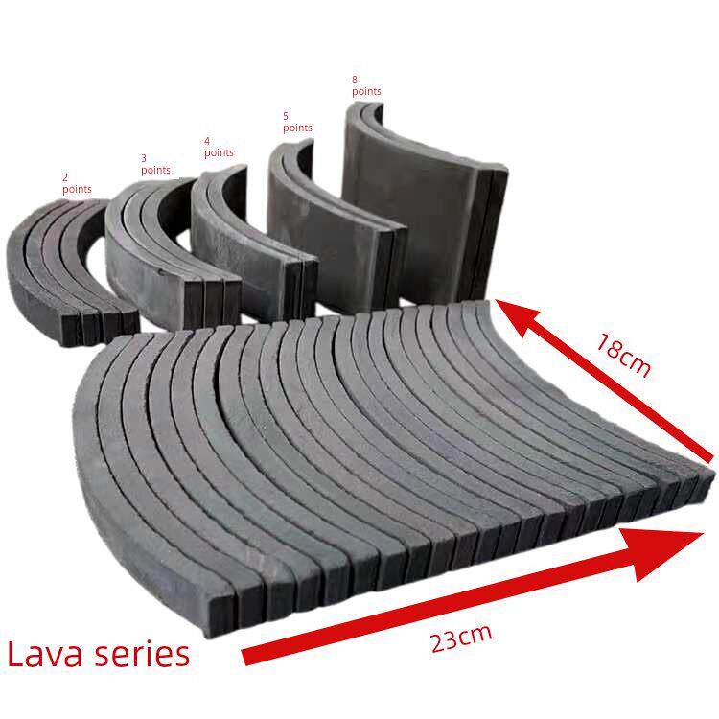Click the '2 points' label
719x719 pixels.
point(77,183)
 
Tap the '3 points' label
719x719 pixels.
point(155,165)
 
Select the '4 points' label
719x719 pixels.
point(219,148)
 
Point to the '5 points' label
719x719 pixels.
point(297,122)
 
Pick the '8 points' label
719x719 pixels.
point(366,85)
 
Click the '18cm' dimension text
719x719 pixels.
point(624,355)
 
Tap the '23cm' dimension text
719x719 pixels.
point(461,638)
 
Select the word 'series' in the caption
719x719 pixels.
point(142,655)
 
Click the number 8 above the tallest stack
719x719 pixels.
point(355,80)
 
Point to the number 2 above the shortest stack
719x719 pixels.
point(65,177)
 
